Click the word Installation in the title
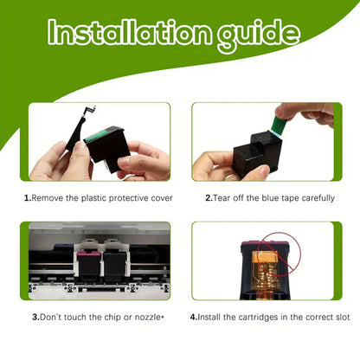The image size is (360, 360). pos(129,32)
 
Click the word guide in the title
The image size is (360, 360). pos(259,35)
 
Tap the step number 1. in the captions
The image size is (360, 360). pos(28,198)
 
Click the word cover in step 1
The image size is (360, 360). pos(162,198)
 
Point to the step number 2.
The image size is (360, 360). pos(209,198)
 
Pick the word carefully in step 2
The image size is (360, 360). pos(318,198)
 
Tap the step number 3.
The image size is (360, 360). pos(35,318)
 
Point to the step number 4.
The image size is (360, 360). pos(194,318)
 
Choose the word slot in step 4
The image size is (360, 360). pos(343,318)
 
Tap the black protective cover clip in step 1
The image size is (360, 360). pos(79,129)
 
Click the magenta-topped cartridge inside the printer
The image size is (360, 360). pos(88,265)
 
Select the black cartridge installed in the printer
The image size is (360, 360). pos(114,267)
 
